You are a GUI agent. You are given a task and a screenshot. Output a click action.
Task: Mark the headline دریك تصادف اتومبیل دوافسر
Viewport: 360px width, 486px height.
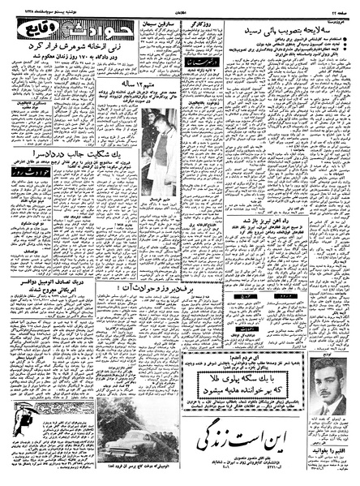(52, 286)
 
